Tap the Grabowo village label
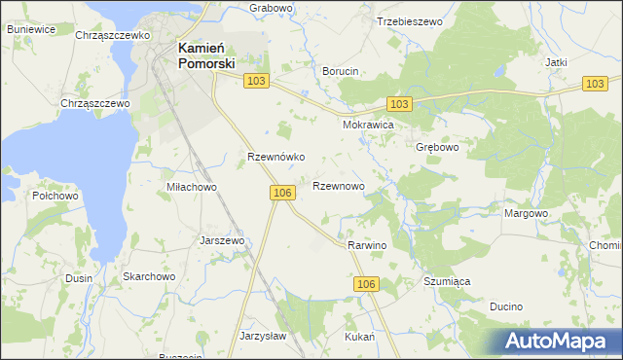[x=271, y=8]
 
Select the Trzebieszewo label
[x=409, y=20]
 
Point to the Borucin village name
[x=341, y=71]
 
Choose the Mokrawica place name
[x=367, y=126]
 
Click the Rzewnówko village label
[x=276, y=157]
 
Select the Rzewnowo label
[x=338, y=185]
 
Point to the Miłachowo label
[x=191, y=187]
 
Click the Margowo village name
[x=527, y=213]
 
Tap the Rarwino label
[x=367, y=245]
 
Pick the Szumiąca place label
[x=447, y=281]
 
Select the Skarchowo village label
[x=148, y=277]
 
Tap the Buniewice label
[x=30, y=29]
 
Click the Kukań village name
[x=360, y=336]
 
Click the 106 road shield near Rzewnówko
[x=282, y=194]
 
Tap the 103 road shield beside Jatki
[x=596, y=85]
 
